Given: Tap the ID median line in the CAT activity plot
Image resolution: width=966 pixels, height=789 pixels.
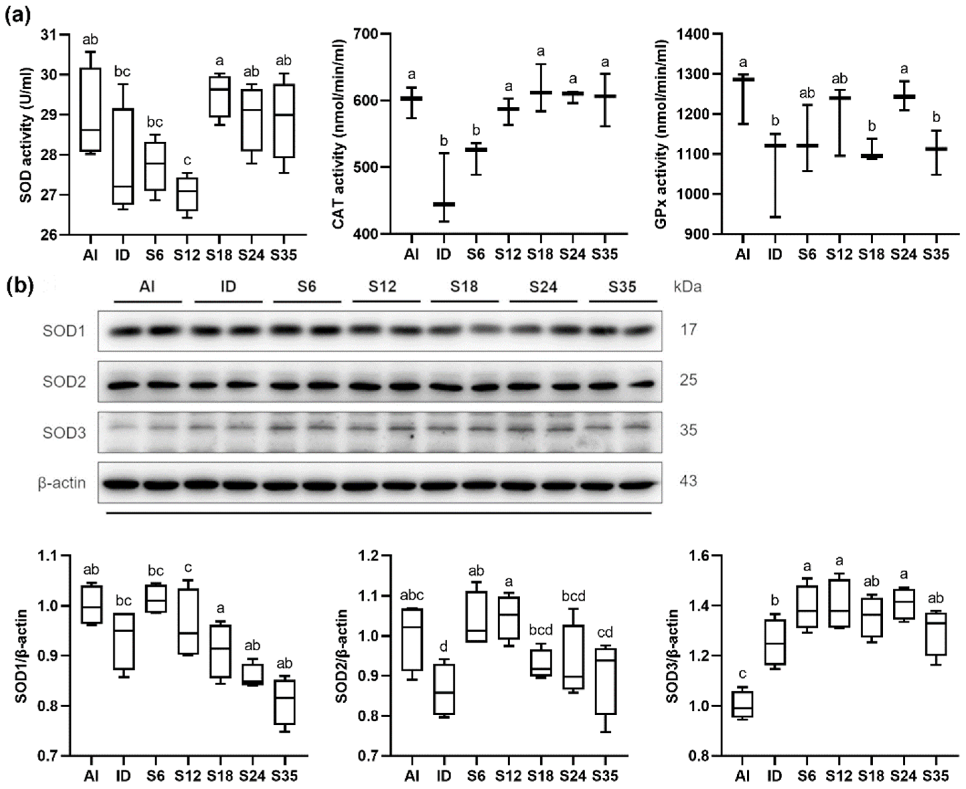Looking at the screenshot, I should [x=444, y=204].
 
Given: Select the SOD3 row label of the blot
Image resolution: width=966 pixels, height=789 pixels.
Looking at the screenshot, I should [x=64, y=432].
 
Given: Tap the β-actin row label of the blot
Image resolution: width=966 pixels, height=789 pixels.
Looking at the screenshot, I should [x=62, y=483].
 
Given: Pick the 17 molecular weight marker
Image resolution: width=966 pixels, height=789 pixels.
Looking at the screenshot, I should [x=688, y=329].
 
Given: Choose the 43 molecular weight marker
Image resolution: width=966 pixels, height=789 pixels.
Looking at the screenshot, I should [x=688, y=481].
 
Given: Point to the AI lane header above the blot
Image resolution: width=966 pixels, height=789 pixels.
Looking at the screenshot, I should [x=147, y=287].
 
